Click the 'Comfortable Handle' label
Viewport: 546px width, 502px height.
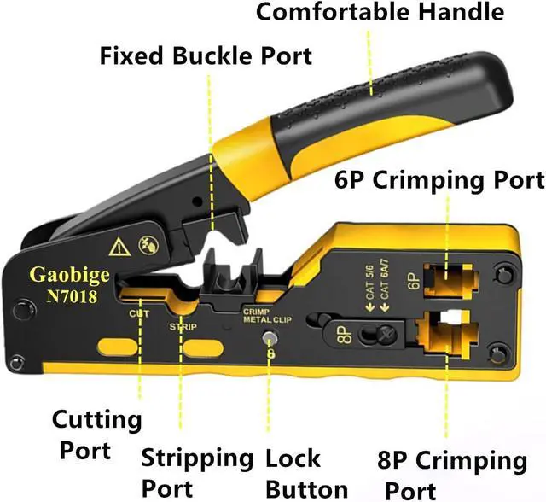pos(380,13)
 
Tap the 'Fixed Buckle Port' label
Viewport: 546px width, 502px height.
pos(206,57)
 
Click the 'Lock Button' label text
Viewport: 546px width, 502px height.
pos(305,473)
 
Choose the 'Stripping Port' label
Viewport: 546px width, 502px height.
pos(197,472)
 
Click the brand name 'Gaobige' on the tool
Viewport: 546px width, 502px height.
pos(65,275)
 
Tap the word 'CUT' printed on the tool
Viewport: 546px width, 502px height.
pos(140,313)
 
